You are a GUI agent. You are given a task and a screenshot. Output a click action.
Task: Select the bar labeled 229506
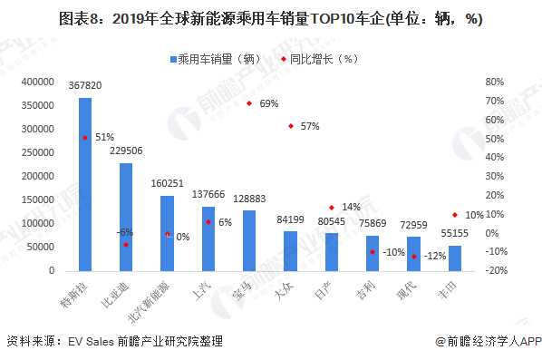(126, 218)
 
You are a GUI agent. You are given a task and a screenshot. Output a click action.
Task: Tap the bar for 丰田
(455, 258)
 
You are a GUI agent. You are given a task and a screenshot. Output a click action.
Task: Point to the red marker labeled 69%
(249, 103)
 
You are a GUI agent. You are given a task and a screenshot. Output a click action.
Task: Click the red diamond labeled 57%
(291, 126)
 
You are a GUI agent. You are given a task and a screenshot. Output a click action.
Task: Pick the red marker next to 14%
(332, 208)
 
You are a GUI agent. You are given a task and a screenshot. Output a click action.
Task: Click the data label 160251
(168, 185)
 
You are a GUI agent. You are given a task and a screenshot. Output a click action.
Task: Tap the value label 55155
(455, 235)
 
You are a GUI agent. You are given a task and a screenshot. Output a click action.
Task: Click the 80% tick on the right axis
(494, 82)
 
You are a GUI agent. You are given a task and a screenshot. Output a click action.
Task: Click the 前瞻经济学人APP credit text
(488, 342)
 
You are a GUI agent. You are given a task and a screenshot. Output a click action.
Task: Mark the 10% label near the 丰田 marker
(474, 215)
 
